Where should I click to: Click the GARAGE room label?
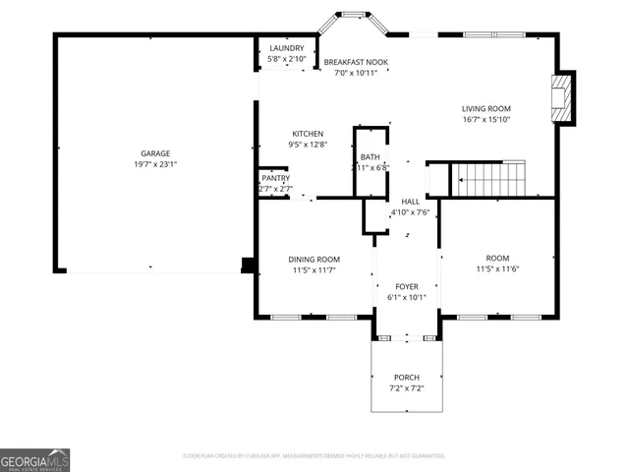pyautogui.click(x=155, y=153)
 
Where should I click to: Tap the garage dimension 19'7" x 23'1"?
pyautogui.click(x=155, y=164)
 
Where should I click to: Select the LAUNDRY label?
pyautogui.click(x=287, y=48)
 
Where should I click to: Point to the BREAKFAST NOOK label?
pyautogui.click(x=356, y=62)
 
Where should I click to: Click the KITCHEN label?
pyautogui.click(x=307, y=134)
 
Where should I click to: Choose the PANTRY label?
pyautogui.click(x=275, y=178)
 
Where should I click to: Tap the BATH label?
pyautogui.click(x=370, y=157)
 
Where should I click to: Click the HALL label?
pyautogui.click(x=410, y=202)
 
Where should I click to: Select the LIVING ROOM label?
pyautogui.click(x=486, y=109)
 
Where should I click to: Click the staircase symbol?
pyautogui.click(x=488, y=178)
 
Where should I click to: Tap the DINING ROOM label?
pyautogui.click(x=314, y=260)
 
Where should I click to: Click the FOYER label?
pyautogui.click(x=407, y=286)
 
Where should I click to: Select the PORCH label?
pyautogui.click(x=407, y=378)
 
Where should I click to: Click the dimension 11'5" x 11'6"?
pyautogui.click(x=496, y=268)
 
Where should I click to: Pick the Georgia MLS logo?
pyautogui.click(x=35, y=460)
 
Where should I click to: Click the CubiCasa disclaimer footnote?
pyautogui.click(x=314, y=456)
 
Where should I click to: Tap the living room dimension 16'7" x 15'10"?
pyautogui.click(x=486, y=120)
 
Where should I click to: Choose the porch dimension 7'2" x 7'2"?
pyautogui.click(x=407, y=388)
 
